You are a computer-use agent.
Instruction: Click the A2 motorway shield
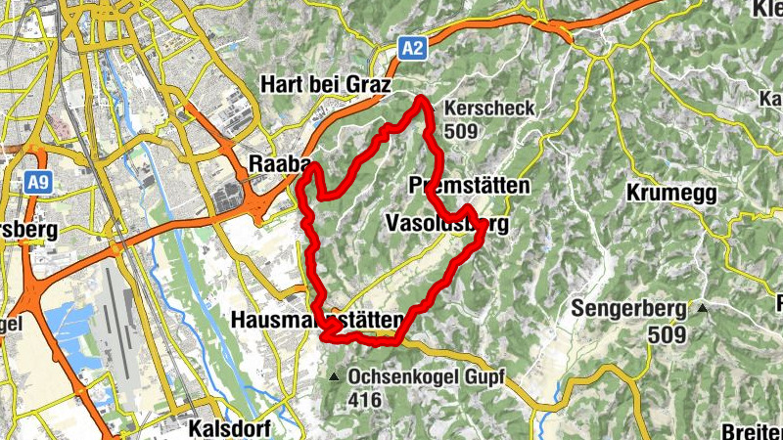tap(413, 48)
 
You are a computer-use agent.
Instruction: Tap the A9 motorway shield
tap(37, 182)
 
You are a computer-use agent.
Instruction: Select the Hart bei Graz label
tap(325, 85)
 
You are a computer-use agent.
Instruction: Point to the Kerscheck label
tap(489, 109)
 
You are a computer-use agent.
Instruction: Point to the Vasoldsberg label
tap(446, 225)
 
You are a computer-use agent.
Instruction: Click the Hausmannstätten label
tap(316, 320)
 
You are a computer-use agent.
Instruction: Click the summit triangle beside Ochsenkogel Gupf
tap(336, 376)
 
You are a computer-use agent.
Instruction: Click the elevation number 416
tap(364, 399)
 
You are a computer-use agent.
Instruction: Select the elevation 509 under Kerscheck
tap(461, 130)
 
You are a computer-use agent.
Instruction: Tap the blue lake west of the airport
tap(69, 323)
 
